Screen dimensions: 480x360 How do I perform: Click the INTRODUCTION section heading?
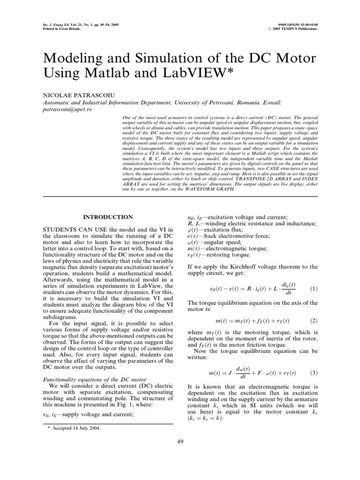[108, 217]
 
